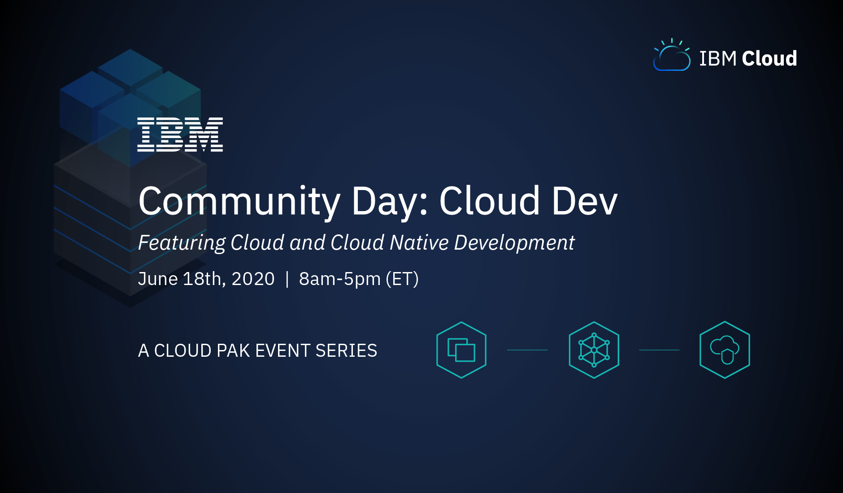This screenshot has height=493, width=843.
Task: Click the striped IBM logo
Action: (180, 134)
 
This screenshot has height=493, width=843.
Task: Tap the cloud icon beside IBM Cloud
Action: (672, 57)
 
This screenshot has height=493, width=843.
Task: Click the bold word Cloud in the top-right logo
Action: (769, 59)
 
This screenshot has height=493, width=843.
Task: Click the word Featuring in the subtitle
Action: (182, 243)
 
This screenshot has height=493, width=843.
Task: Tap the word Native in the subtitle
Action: (419, 242)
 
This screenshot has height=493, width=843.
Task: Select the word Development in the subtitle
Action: (514, 243)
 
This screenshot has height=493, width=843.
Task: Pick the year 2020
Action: (253, 279)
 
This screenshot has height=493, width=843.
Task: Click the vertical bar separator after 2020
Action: (287, 279)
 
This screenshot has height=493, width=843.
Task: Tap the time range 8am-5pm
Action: (339, 279)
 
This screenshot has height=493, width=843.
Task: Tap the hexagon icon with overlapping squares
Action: (461, 350)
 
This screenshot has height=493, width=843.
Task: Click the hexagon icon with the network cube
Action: (594, 350)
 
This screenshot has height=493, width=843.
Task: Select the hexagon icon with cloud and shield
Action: (725, 350)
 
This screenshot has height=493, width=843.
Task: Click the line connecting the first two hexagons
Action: (527, 350)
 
